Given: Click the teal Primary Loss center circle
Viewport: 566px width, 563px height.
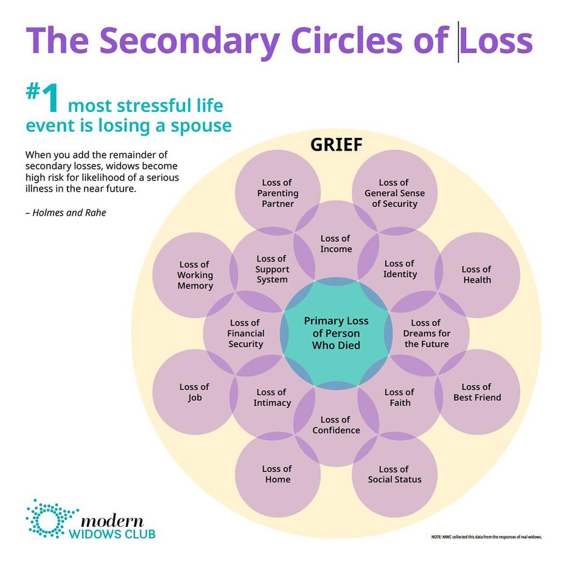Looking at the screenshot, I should [336, 333].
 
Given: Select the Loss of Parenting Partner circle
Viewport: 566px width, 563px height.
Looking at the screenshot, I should [277, 193].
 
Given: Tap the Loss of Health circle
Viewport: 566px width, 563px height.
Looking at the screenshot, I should [476, 275].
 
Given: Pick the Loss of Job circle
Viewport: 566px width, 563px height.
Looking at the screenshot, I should [194, 392].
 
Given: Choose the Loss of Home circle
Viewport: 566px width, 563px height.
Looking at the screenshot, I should [277, 474].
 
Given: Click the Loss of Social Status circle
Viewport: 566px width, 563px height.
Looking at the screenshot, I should [394, 474].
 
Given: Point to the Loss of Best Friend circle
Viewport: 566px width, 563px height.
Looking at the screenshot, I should [477, 392].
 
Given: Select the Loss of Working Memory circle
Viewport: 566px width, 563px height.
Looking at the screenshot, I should [195, 275].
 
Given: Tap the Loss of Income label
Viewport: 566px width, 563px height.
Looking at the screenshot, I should [336, 244].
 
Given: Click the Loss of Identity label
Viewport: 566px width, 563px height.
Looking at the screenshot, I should [400, 269].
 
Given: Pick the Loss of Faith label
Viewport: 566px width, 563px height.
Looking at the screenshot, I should [399, 398].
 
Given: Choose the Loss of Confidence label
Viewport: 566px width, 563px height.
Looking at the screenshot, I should [336, 425].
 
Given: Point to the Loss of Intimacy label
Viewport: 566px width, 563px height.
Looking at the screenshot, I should [271, 398].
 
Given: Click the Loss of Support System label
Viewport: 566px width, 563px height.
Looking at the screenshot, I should [272, 269].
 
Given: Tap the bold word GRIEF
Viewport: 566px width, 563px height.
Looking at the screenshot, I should [336, 145].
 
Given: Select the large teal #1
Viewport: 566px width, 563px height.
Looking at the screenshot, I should [43, 99].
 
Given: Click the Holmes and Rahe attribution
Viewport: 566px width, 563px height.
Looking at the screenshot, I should [66, 213].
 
